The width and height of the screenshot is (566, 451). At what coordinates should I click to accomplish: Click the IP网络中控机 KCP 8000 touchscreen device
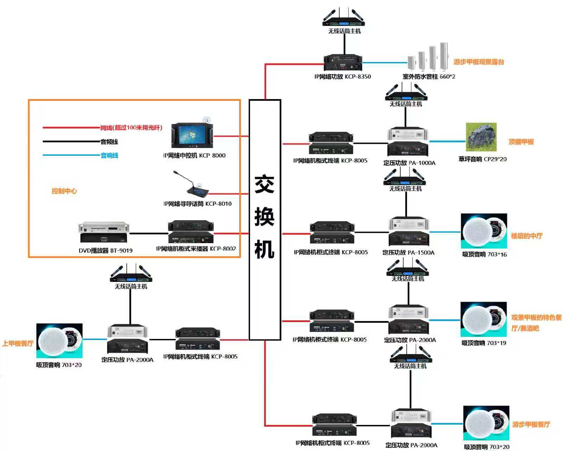tap(192, 135)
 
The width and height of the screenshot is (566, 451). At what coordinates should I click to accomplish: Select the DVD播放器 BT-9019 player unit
tap(104, 232)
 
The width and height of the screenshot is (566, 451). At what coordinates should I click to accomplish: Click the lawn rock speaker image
tap(481, 137)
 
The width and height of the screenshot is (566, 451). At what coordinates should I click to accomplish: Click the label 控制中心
tap(64, 191)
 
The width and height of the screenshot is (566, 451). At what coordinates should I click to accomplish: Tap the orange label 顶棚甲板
tap(521, 142)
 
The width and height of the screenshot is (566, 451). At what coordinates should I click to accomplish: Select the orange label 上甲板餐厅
tap(18, 343)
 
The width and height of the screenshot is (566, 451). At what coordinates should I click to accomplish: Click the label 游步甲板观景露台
tap(479, 62)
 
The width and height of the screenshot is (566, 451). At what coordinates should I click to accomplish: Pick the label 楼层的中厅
tap(527, 236)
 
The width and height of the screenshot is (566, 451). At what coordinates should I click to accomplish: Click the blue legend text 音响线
tap(109, 155)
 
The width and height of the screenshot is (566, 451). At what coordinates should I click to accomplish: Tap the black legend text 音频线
tap(109, 142)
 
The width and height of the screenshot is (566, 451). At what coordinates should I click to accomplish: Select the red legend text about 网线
tap(131, 128)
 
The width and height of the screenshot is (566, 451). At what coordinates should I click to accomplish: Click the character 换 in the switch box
tap(264, 217)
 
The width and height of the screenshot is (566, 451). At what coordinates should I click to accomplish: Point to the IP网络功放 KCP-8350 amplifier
tap(343, 63)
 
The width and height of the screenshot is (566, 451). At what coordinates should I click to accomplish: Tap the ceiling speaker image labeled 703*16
tap(484, 231)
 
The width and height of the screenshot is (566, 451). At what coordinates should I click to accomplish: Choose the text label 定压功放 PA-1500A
tap(408, 252)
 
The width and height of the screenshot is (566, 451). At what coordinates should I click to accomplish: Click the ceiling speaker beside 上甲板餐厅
tap(59, 340)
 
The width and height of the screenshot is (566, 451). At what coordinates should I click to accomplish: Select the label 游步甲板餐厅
tap(531, 424)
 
